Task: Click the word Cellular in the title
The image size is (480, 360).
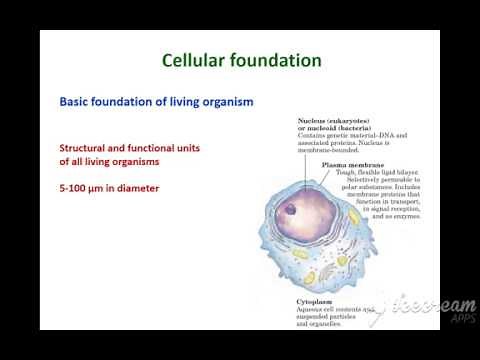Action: click(197, 61)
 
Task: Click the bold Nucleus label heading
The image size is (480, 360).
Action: click(314, 120)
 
